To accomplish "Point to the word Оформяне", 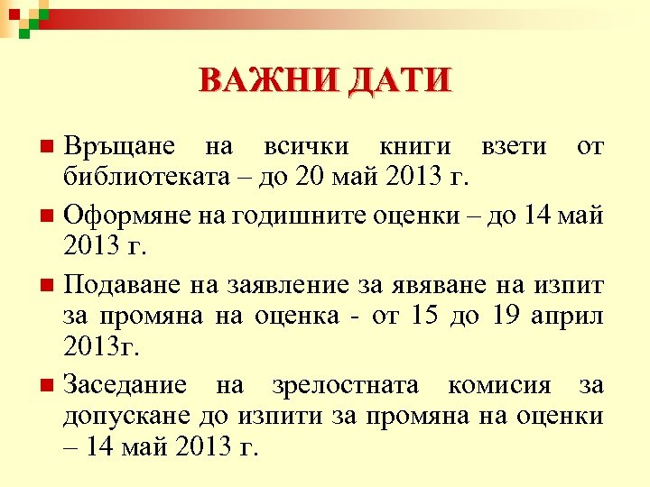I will tap(121, 216).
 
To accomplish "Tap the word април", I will tap(568, 315).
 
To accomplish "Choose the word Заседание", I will tap(125, 385).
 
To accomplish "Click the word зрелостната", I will tap(345, 385).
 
